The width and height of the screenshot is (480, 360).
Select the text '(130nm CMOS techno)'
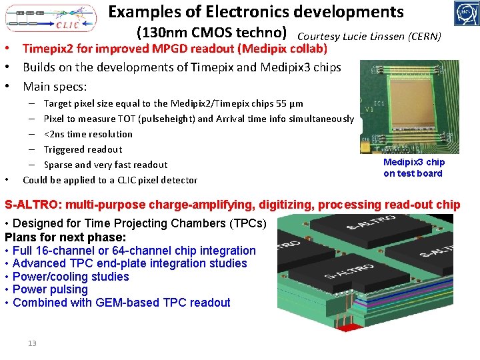pyautogui.click(x=211, y=33)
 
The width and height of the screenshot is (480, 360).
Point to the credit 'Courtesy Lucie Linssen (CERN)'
pyautogui.click(x=369, y=36)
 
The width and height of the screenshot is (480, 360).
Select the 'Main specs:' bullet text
pyautogui.click(x=55, y=87)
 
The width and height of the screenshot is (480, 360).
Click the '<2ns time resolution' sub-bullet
pyautogui.click(x=88, y=134)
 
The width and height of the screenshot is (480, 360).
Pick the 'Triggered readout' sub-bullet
pyautogui.click(x=83, y=149)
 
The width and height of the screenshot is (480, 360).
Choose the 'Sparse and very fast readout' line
pyautogui.click(x=105, y=165)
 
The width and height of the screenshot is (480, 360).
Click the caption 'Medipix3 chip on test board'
pyautogui.click(x=413, y=168)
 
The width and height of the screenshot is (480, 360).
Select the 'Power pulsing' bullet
pyautogui.click(x=50, y=289)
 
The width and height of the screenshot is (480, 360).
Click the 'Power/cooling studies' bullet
pyautogui.click(x=71, y=277)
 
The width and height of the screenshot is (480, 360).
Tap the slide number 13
pyautogui.click(x=32, y=343)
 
